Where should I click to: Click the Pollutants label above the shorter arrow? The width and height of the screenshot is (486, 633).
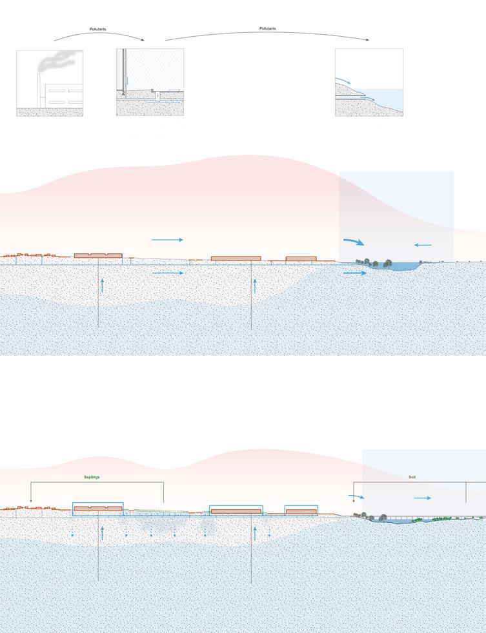(97, 29)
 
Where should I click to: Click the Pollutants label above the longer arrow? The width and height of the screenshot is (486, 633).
(267, 28)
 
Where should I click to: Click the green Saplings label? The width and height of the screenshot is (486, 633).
(92, 477)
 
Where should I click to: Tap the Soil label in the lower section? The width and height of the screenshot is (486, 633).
(412, 477)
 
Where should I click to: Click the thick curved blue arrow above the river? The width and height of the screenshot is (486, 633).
(353, 242)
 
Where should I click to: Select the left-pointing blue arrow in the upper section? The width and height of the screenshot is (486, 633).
(423, 245)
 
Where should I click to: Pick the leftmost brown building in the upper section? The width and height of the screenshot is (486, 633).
(98, 256)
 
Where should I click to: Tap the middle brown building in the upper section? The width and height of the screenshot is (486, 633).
(236, 258)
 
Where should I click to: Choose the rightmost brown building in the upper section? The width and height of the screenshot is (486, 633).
(301, 258)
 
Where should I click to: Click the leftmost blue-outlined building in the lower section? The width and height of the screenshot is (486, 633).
(98, 509)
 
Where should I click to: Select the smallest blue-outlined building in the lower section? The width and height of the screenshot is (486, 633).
(301, 511)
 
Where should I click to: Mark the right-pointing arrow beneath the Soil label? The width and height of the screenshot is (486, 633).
(423, 498)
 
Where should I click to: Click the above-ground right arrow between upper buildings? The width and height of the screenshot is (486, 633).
(167, 240)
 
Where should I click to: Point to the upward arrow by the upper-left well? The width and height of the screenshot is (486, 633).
(102, 286)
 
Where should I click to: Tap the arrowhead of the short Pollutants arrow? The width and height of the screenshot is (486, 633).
(143, 40)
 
